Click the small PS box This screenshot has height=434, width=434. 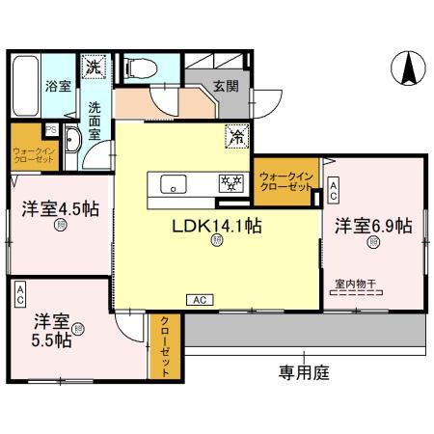pos(50,132)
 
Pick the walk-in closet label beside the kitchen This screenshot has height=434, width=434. pos(285,180)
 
